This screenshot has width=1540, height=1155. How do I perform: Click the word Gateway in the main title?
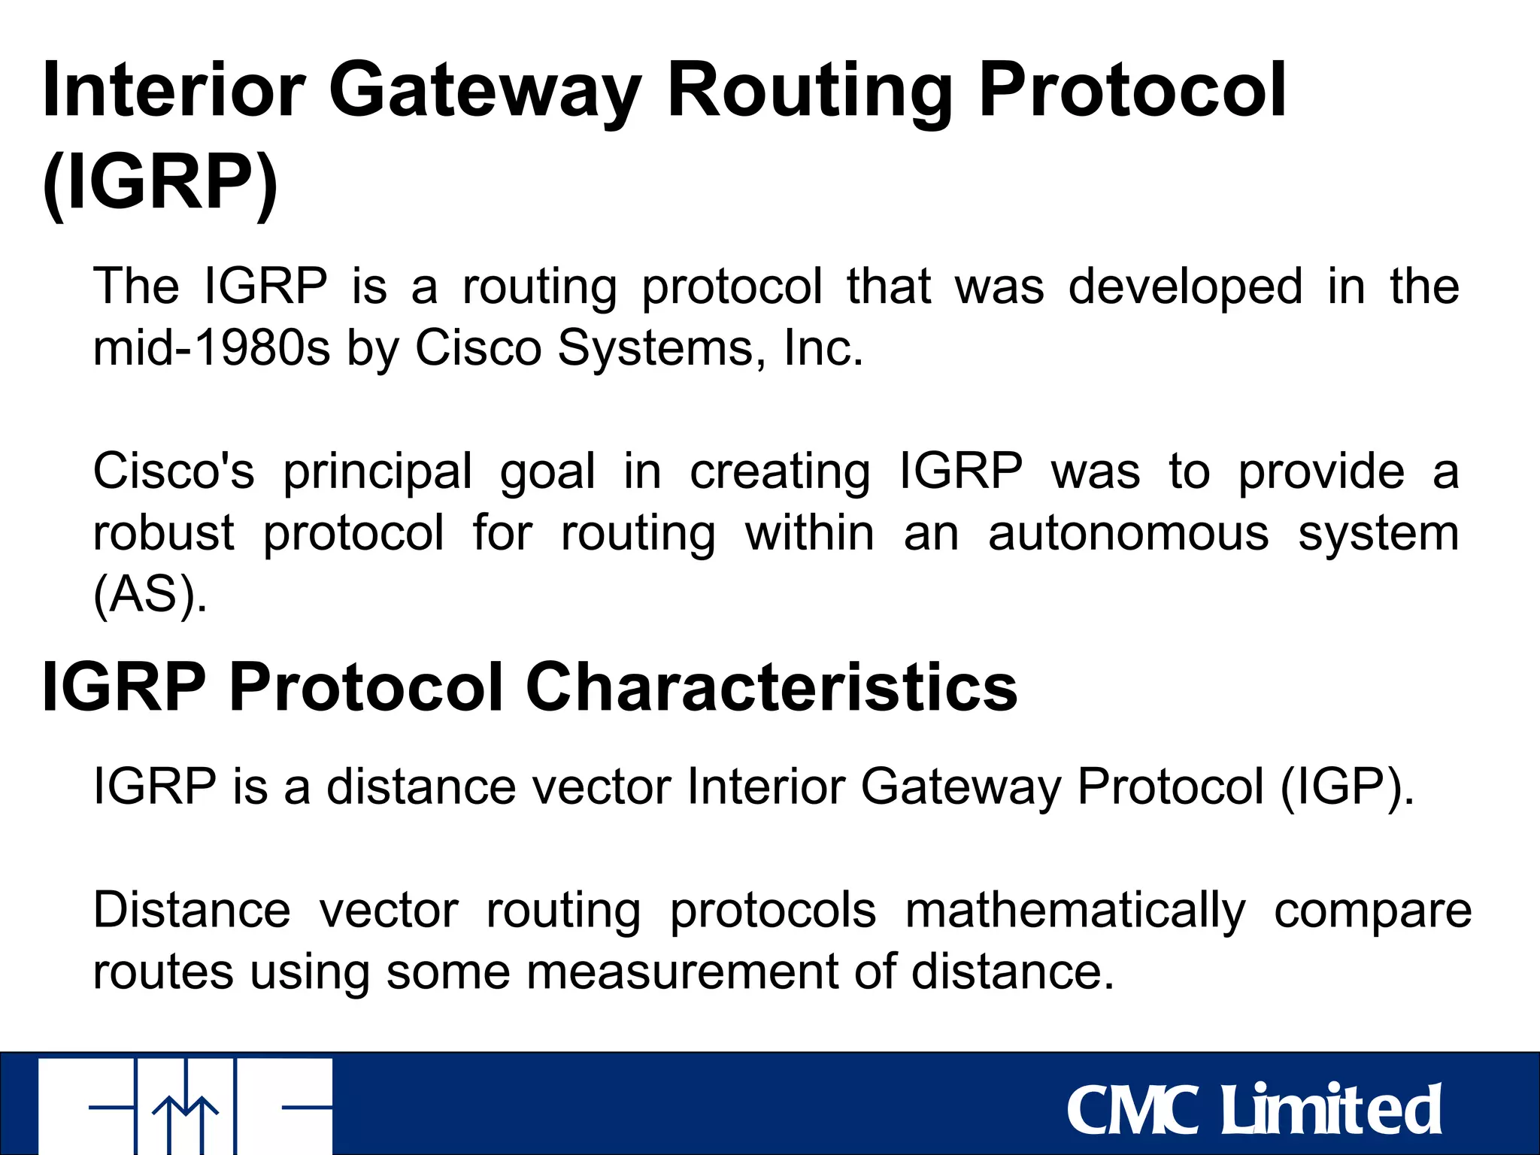click(484, 92)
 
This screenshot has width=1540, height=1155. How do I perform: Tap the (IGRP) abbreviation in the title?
click(160, 183)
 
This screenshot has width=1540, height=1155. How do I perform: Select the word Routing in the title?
click(810, 92)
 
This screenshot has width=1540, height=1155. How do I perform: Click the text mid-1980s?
click(211, 348)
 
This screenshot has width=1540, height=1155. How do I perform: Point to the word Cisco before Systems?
click(478, 348)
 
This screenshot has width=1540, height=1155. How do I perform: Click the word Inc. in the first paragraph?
click(823, 348)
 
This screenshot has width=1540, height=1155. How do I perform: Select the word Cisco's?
click(174, 471)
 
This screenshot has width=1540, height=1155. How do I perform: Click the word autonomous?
click(1128, 534)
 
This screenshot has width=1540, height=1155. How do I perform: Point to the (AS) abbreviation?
click(150, 596)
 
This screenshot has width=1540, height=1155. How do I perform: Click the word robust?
click(164, 534)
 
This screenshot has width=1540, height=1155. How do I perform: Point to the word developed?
click(1185, 287)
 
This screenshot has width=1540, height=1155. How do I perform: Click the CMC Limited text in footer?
click(1254, 1110)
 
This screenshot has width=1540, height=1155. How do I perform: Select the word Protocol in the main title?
click(1132, 92)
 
